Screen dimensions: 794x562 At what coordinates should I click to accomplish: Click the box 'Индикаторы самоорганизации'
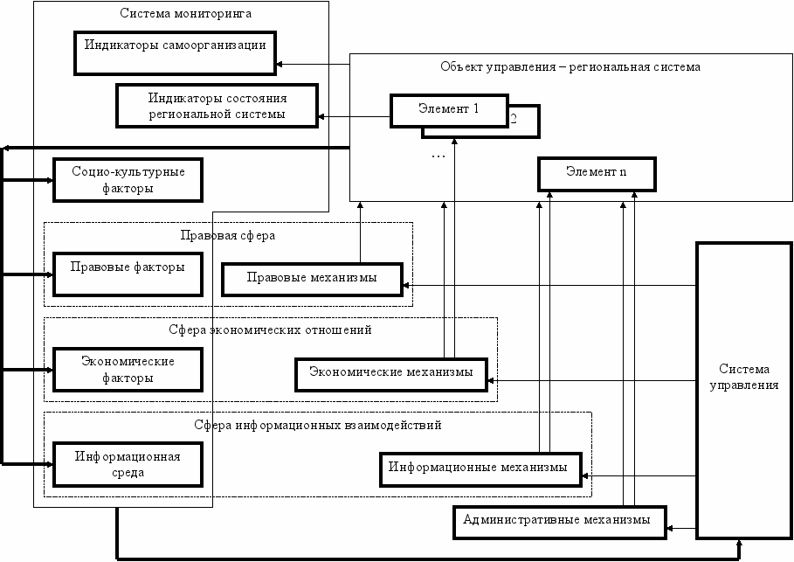pyautogui.click(x=175, y=53)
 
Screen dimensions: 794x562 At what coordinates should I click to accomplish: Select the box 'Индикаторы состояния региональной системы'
pyautogui.click(x=217, y=106)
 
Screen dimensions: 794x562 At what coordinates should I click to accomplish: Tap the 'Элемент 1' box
pyautogui.click(x=449, y=110)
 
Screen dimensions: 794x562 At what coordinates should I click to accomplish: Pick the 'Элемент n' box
pyautogui.click(x=597, y=174)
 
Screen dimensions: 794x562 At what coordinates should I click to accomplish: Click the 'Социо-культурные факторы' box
pyautogui.click(x=128, y=180)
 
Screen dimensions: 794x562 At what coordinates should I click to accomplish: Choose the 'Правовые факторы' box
pyautogui.click(x=128, y=274)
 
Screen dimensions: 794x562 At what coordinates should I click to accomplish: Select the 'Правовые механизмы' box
pyautogui.click(x=312, y=279)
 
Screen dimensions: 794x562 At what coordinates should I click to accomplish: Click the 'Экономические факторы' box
pyautogui.click(x=128, y=370)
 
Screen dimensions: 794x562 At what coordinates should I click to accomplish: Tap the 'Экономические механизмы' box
pyautogui.click(x=391, y=374)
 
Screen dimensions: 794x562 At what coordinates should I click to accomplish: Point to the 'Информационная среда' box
pyautogui.click(x=128, y=464)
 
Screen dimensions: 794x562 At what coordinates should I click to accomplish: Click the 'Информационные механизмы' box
pyautogui.click(x=480, y=469)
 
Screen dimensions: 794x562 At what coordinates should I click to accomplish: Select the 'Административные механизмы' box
pyautogui.click(x=559, y=522)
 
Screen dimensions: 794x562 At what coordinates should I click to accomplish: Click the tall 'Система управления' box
pyautogui.click(x=743, y=390)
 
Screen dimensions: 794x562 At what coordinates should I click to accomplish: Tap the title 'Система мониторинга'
pyautogui.click(x=185, y=13)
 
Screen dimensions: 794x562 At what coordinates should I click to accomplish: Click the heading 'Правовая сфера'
pyautogui.click(x=228, y=235)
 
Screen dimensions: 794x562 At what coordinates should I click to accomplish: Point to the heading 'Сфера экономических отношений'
pyautogui.click(x=271, y=330)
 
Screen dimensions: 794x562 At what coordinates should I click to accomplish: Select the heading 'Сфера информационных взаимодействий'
pyautogui.click(x=317, y=425)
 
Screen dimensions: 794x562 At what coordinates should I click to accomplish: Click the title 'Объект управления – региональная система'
pyautogui.click(x=570, y=67)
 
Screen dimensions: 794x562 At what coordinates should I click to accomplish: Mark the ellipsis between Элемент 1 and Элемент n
pyautogui.click(x=438, y=156)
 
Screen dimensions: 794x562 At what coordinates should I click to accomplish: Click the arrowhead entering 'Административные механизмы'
pyautogui.click(x=670, y=529)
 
